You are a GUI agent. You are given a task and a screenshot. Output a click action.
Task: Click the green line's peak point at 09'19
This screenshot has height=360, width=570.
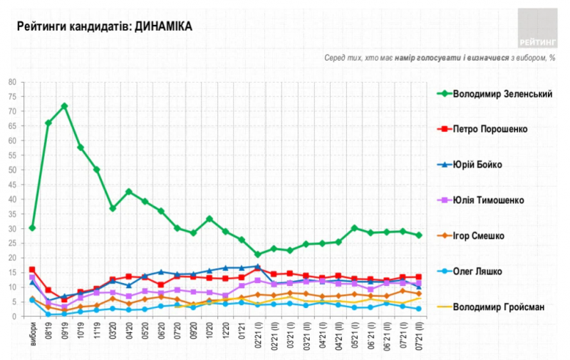pos(64,106)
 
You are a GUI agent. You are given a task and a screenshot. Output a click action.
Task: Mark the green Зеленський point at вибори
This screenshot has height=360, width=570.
pos(32,228)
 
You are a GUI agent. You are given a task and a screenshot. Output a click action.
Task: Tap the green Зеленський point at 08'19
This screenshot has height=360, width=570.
pos(48,123)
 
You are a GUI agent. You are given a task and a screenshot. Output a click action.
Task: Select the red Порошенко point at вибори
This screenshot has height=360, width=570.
pos(32,269)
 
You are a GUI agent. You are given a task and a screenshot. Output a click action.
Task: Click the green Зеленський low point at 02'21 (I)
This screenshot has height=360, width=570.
pos(258,254)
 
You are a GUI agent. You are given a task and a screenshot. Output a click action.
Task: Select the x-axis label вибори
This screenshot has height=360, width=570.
pos(33,334)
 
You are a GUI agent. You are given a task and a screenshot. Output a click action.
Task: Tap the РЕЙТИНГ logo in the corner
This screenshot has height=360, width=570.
pos(538,29)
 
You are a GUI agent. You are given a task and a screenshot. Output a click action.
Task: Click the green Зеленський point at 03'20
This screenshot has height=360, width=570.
pos(113,208)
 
